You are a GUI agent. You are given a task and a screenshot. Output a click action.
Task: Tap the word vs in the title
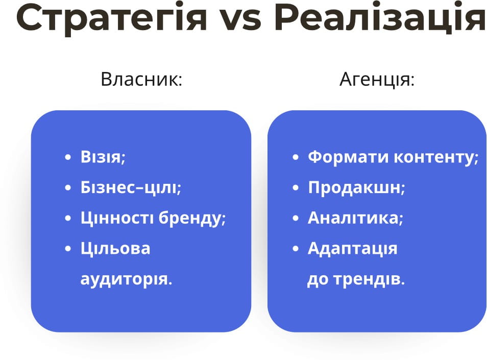coord(240,19)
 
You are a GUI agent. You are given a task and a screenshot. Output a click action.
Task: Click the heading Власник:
coord(141,80)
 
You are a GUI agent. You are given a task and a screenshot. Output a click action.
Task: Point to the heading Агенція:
coord(377,80)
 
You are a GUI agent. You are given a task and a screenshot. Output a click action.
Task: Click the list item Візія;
coord(103,157)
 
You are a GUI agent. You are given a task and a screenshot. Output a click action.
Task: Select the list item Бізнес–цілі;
coord(131,187)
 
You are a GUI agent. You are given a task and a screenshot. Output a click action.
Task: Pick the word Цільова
coord(115,249)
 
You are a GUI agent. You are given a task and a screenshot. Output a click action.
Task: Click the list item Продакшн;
coord(356,187)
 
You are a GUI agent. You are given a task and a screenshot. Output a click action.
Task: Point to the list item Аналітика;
coord(355,218)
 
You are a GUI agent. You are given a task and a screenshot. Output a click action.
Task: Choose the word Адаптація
coord(352,249)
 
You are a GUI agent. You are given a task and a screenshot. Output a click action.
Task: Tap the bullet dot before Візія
coord(68,157)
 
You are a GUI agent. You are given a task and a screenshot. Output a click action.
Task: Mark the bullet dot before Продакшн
coord(295,188)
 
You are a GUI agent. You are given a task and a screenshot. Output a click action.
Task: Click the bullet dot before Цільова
coord(68,249)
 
